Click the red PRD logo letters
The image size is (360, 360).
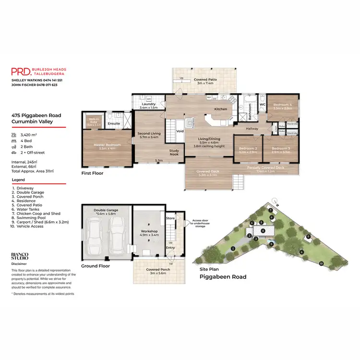click(x=21, y=72)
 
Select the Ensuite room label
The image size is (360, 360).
click(x=114, y=123)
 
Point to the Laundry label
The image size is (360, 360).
click(x=148, y=104)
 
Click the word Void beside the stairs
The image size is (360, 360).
click(x=180, y=131)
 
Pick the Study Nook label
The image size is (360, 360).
click(x=174, y=152)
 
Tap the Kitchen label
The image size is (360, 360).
click(x=220, y=109)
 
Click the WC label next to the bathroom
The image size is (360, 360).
click(x=263, y=104)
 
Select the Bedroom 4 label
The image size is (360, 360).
click(x=282, y=105)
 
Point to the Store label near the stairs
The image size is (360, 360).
click(x=170, y=218)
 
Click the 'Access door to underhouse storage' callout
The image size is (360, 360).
click(x=198, y=223)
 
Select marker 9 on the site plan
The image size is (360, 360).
click(x=308, y=236)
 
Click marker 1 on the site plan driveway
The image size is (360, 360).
click(x=232, y=248)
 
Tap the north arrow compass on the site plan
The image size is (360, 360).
click(x=275, y=201)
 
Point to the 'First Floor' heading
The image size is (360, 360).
click(x=93, y=173)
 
